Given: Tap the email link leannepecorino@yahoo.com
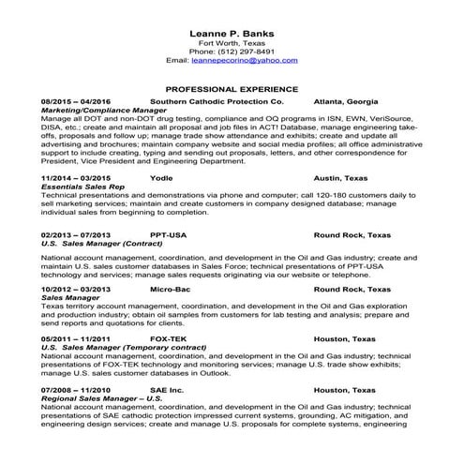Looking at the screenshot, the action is (244, 59).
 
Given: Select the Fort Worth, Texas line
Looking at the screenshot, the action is (231, 41).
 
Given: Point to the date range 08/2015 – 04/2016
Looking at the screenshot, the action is (76, 100).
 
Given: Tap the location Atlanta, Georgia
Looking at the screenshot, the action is (347, 100).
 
